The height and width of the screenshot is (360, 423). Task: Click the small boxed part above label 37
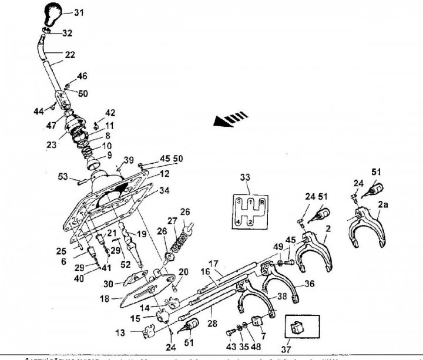point(298,324)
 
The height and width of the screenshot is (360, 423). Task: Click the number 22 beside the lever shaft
point(70,55)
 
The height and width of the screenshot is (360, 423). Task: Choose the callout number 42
point(110,113)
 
